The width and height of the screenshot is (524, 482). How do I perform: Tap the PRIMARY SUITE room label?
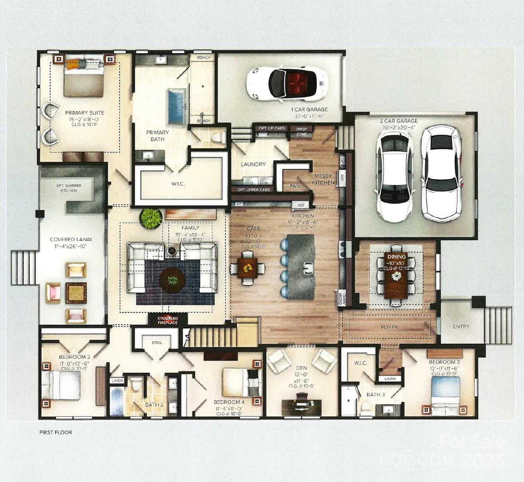85,113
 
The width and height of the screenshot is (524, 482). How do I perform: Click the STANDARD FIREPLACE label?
167,320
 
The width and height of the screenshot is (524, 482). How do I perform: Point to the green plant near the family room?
151,216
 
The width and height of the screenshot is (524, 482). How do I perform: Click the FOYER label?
389,327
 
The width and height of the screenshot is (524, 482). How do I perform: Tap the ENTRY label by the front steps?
461,326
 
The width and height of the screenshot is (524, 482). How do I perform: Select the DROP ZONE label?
302,131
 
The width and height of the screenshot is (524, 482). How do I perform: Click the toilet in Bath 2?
136,384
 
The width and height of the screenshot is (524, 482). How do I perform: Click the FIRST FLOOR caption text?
56,432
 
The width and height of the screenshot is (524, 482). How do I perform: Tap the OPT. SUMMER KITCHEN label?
69,188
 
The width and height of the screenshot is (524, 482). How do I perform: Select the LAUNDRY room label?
253,164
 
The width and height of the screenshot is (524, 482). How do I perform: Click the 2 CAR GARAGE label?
399,121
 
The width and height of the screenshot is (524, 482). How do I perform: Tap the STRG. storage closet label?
157,343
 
